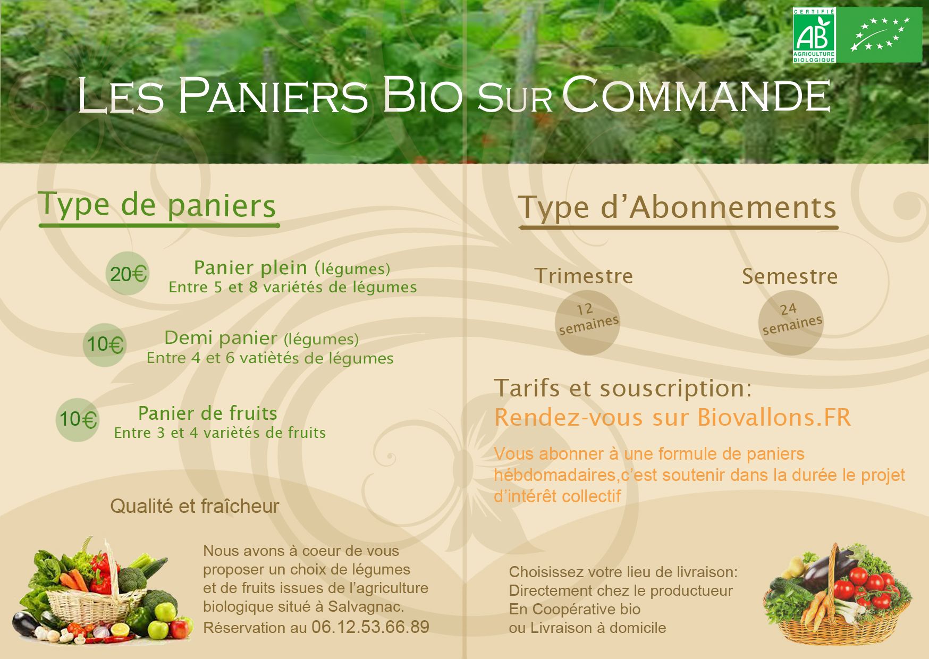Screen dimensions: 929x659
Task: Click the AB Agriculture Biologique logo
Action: [x=814, y=35]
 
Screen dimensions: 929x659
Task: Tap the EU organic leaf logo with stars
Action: [x=879, y=35]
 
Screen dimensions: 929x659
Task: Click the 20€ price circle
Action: [x=128, y=274]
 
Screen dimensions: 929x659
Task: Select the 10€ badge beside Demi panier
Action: [x=105, y=345]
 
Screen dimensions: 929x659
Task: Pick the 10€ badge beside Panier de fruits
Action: [x=78, y=420]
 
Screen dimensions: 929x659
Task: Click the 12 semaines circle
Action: [x=587, y=323]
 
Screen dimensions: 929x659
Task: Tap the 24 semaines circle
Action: [x=791, y=323]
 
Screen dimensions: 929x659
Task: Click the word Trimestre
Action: [x=584, y=276]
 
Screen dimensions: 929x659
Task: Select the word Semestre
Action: [x=790, y=276]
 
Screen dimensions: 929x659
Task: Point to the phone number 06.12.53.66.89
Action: [x=370, y=627]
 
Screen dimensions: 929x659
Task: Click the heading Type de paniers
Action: [x=157, y=205]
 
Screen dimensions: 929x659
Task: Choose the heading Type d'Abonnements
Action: [x=678, y=207]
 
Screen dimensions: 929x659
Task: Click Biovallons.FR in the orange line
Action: [x=774, y=417]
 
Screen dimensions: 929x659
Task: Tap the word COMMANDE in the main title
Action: [x=696, y=96]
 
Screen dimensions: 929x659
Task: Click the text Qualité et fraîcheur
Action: [x=195, y=506]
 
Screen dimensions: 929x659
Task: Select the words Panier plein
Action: [x=250, y=267]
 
